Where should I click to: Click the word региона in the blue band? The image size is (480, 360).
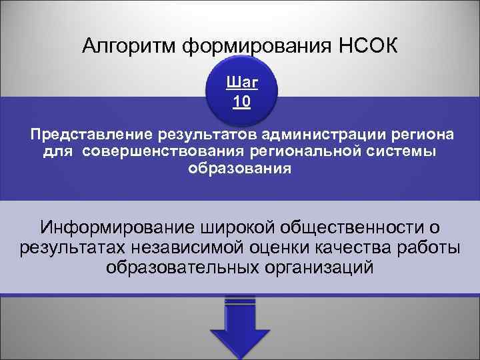pyautogui.click(x=421, y=136)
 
